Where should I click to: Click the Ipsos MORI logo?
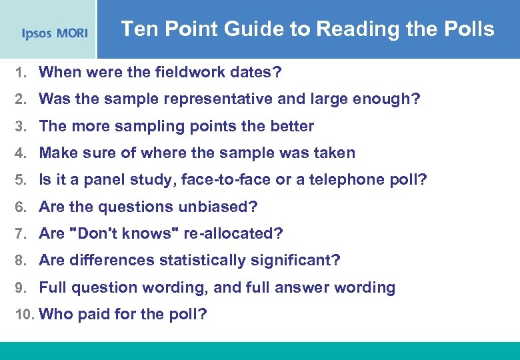click(x=54, y=33)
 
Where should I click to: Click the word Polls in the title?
click(x=469, y=29)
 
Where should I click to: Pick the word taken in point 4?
click(x=333, y=153)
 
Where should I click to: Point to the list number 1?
click(x=20, y=73)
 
